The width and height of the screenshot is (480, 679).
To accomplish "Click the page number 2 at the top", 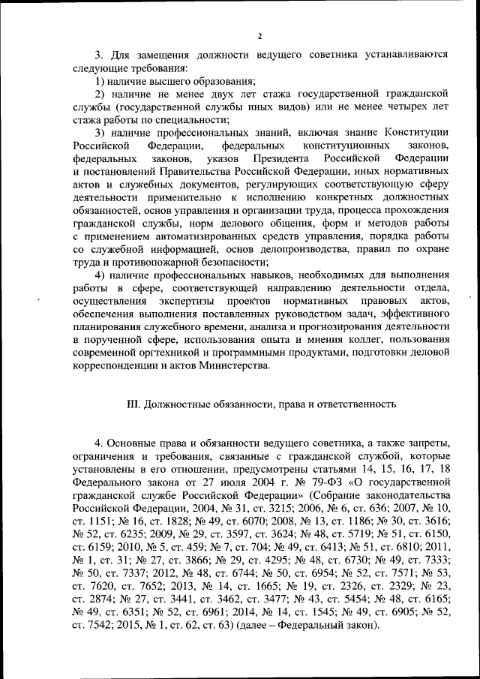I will point(259,36).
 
